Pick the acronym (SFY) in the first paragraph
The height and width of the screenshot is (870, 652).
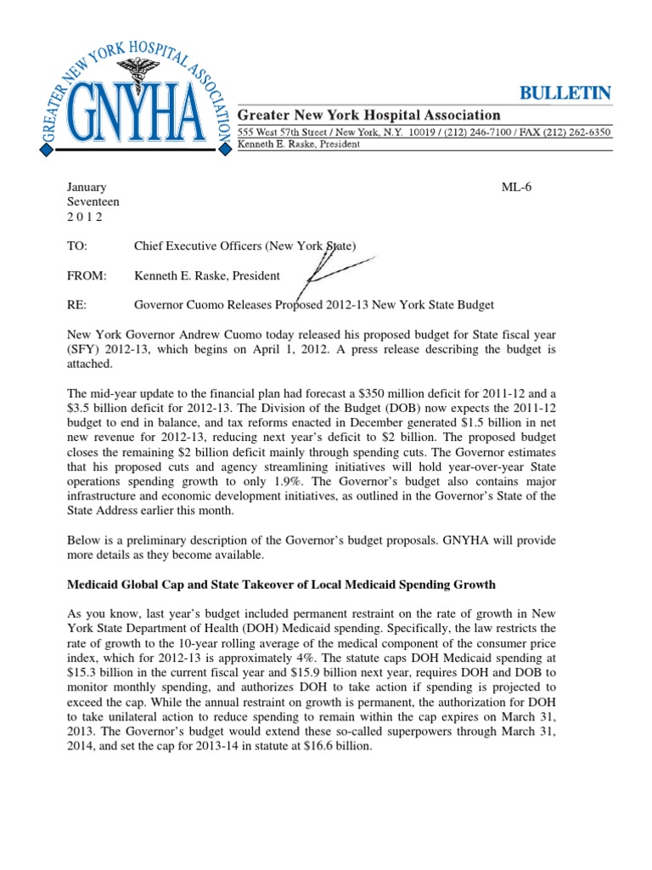[84, 348]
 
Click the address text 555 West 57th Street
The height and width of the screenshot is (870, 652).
[279, 133]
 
